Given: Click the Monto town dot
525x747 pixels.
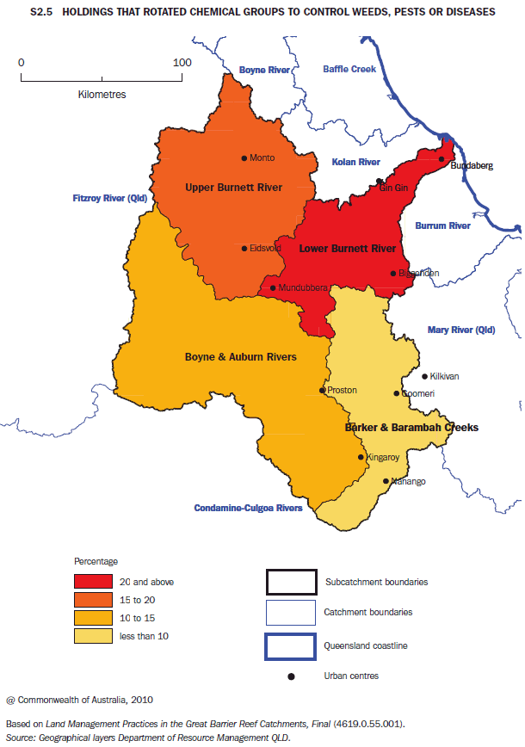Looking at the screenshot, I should [x=244, y=157].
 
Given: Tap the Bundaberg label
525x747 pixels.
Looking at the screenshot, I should [x=472, y=165].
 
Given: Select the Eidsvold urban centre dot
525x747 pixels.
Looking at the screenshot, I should [x=244, y=248].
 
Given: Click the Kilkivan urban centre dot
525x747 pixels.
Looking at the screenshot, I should [x=424, y=376].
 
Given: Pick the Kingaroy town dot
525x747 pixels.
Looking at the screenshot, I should [x=361, y=457].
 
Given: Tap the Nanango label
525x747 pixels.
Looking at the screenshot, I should [x=408, y=482].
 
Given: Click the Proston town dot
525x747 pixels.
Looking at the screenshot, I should [x=323, y=391].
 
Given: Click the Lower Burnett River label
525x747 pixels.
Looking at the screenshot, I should [x=347, y=249].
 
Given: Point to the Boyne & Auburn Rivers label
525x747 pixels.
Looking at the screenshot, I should [x=241, y=356].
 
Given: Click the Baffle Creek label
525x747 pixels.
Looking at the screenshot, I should [x=349, y=69].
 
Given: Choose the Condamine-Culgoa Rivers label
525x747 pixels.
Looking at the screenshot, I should [x=248, y=508].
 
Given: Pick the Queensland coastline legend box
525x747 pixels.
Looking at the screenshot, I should [x=290, y=644].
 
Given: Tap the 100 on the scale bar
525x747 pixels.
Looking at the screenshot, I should [x=182, y=63].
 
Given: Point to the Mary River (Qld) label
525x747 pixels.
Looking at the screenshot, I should [x=461, y=330].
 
